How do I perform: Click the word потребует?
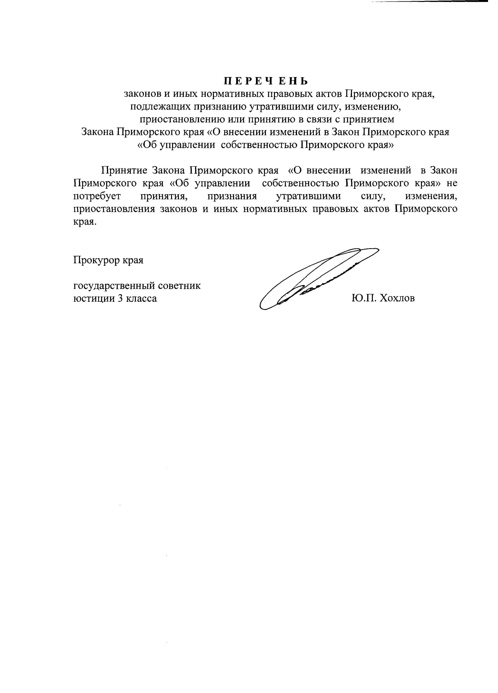tap(97, 196)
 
